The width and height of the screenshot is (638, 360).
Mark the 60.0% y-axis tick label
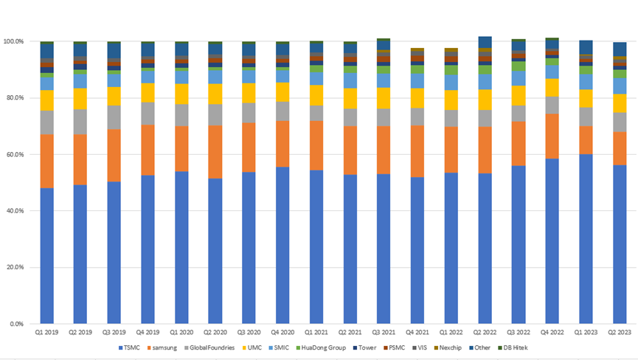16,154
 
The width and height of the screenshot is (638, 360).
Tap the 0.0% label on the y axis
18,324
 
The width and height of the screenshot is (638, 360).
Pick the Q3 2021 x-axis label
385,333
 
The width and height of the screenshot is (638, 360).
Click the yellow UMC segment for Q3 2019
115,96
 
